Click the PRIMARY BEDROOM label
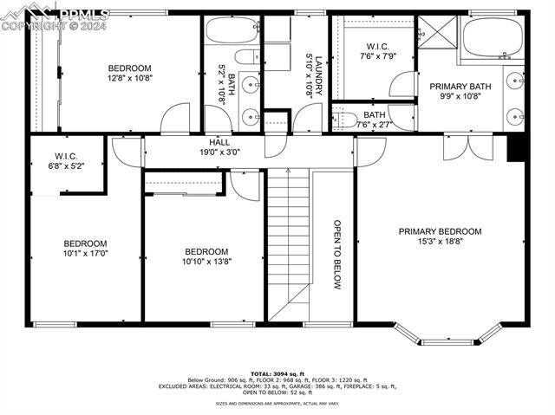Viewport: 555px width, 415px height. pyautogui.click(x=440, y=231)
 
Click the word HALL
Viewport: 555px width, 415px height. pyautogui.click(x=219, y=141)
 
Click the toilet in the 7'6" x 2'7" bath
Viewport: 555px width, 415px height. pyautogui.click(x=346, y=119)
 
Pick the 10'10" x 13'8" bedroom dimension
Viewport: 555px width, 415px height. pyautogui.click(x=206, y=261)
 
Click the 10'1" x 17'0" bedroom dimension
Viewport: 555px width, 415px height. pyautogui.click(x=85, y=255)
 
